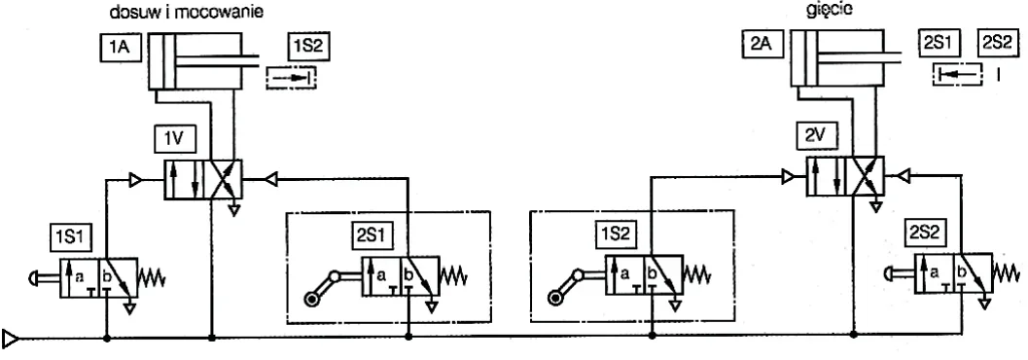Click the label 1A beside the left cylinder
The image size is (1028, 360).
tap(122, 48)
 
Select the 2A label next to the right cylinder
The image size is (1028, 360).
tap(762, 46)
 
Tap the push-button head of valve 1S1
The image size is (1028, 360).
tap(33, 278)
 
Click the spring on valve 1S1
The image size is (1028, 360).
tap(152, 278)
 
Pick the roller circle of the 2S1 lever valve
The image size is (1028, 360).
tap(311, 300)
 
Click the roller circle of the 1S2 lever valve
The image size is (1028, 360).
tap(555, 299)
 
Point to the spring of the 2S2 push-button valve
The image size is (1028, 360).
tap(1008, 271)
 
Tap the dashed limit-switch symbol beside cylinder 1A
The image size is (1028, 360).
tap(291, 78)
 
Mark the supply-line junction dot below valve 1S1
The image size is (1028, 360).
tap(106, 339)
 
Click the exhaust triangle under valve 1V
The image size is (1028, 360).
tap(232, 210)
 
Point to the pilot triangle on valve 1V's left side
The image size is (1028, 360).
tap(136, 179)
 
